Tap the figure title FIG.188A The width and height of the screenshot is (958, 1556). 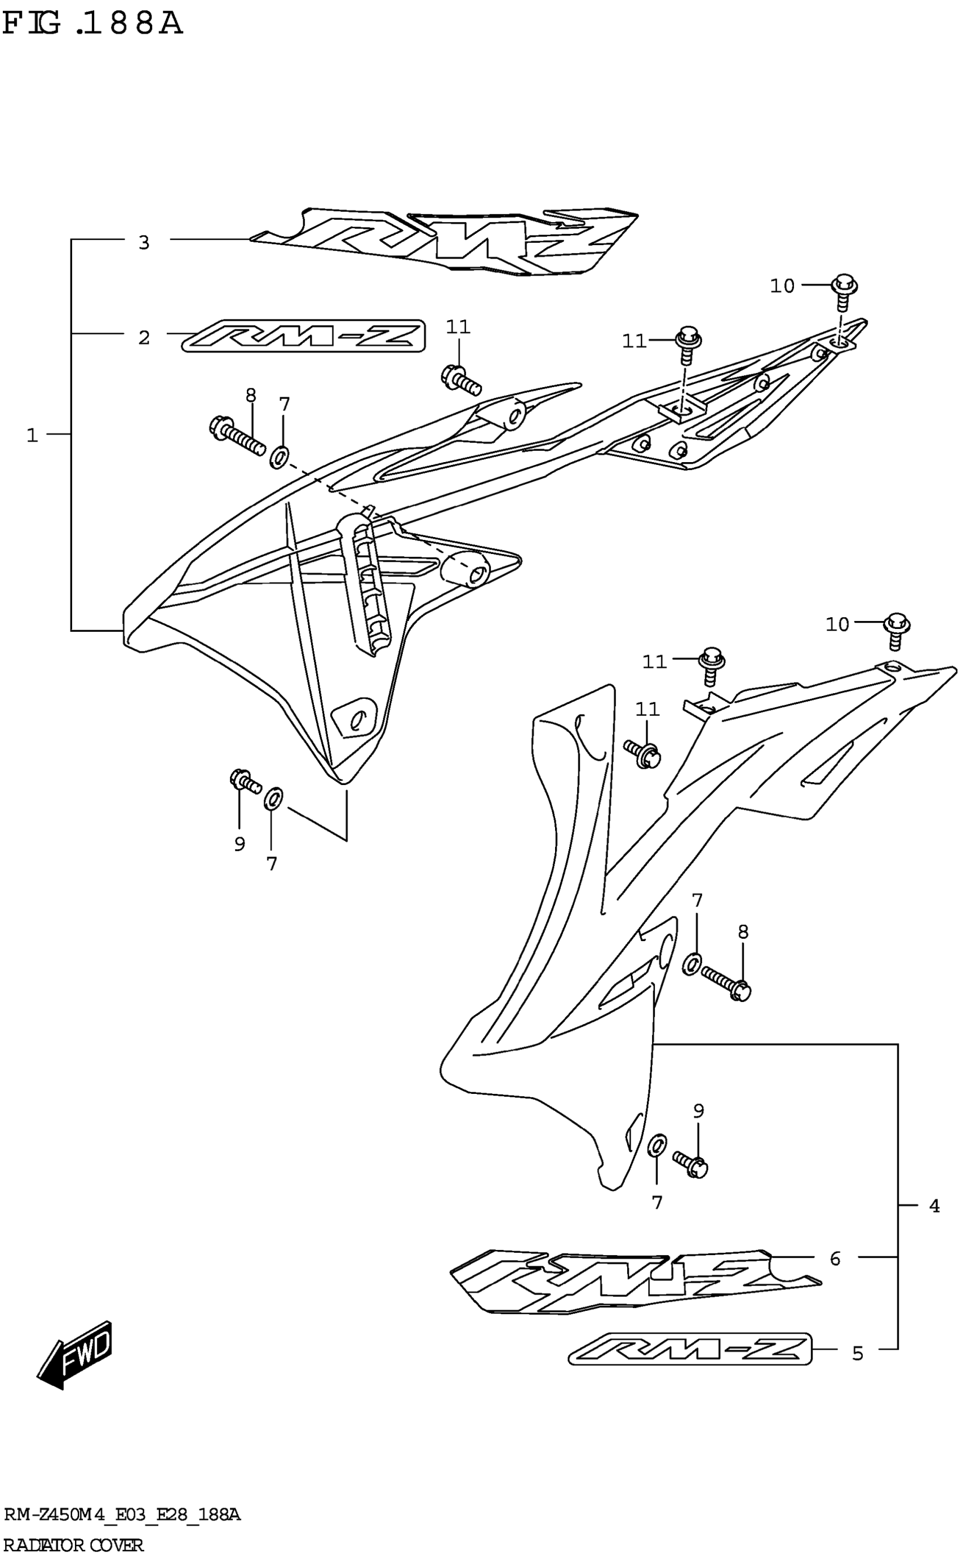pyautogui.click(x=92, y=24)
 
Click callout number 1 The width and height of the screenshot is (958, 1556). pyautogui.click(x=32, y=435)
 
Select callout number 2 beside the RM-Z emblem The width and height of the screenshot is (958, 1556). pyautogui.click(x=144, y=338)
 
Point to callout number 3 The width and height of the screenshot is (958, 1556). pyautogui.click(x=144, y=242)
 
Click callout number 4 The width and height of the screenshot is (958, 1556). pyautogui.click(x=934, y=1206)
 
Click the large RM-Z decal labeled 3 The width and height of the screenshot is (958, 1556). pyautogui.click(x=443, y=241)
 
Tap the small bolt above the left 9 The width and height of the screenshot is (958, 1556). pyautogui.click(x=245, y=781)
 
